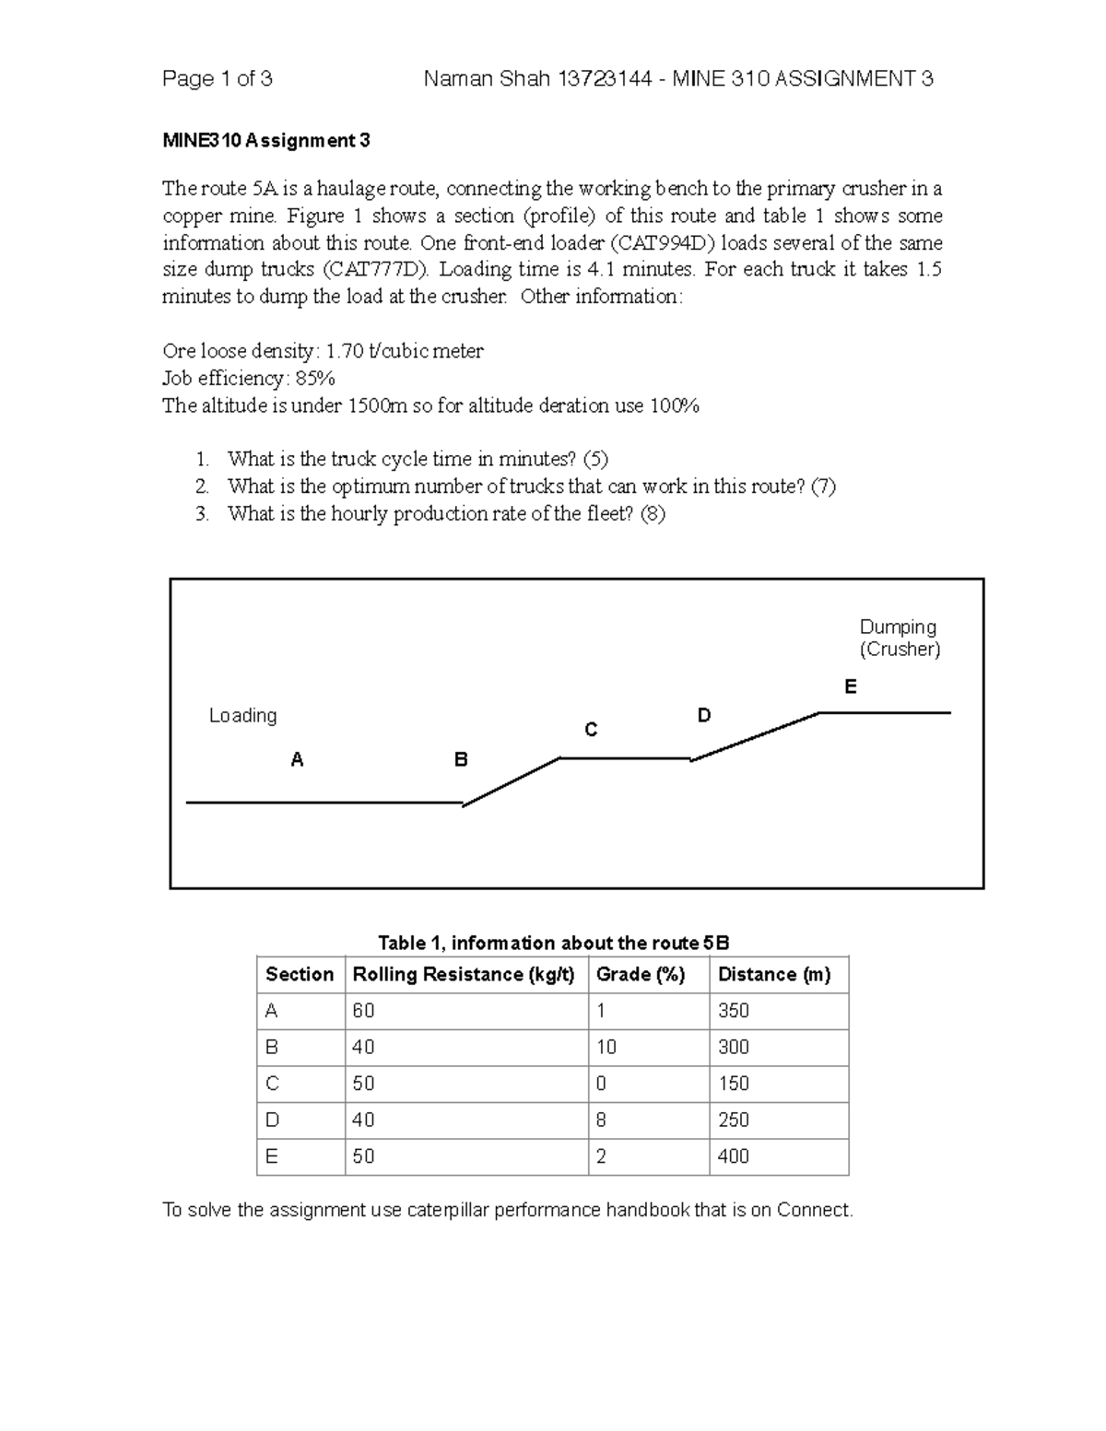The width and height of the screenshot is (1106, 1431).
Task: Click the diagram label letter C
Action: tap(592, 730)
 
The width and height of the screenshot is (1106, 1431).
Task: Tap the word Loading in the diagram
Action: tap(242, 715)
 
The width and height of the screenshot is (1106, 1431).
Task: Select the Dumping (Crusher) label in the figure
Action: tap(899, 638)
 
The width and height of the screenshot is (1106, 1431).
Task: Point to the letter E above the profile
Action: tap(851, 686)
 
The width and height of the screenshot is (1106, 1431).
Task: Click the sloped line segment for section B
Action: tap(512, 781)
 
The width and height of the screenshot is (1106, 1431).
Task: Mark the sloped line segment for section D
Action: tap(756, 735)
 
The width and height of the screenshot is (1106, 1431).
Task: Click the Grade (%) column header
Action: tap(641, 974)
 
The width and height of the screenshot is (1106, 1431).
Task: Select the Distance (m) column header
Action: tap(774, 974)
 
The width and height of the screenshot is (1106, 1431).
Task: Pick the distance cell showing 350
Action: tap(734, 1011)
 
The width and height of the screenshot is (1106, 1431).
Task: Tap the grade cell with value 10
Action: tap(606, 1047)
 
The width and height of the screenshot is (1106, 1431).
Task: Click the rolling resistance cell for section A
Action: tap(364, 1011)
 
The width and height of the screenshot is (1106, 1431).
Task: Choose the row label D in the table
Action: tap(272, 1120)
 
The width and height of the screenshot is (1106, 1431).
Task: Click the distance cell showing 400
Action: tap(734, 1155)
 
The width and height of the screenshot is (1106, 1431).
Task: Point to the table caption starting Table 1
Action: tap(553, 943)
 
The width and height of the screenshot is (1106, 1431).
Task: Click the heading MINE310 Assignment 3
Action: tap(266, 141)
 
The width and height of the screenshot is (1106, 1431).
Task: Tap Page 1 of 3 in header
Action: tap(217, 79)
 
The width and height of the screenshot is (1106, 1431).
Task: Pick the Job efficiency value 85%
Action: tap(315, 378)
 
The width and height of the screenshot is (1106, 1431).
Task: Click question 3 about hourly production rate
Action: tap(445, 513)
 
